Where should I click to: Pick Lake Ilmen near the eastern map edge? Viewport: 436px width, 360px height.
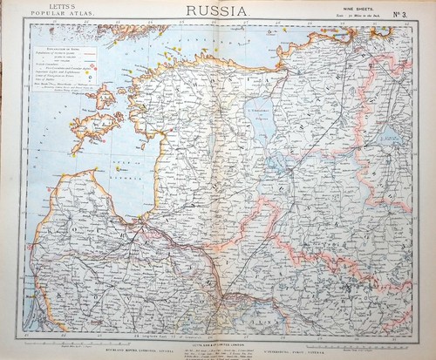390,137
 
